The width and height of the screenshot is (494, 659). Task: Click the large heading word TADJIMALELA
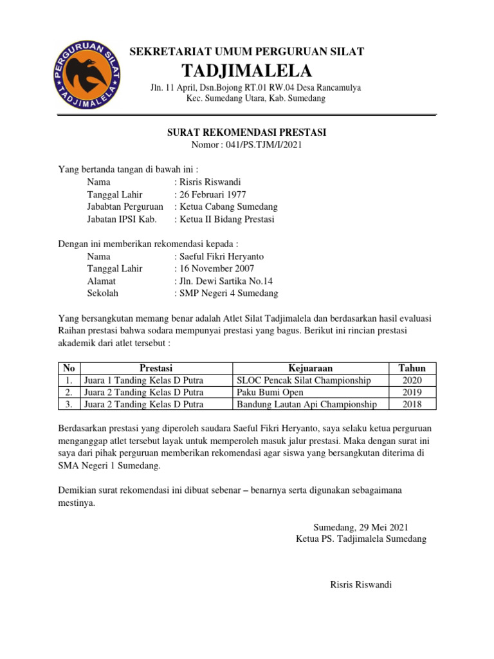(x=247, y=70)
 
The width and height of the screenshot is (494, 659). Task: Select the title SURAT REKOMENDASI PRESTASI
(x=247, y=133)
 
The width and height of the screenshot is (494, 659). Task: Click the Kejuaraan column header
(x=310, y=368)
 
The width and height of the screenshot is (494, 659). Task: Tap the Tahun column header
(x=412, y=368)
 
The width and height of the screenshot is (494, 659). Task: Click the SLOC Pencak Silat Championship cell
(x=304, y=380)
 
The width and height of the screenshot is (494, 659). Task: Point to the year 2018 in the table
(x=412, y=404)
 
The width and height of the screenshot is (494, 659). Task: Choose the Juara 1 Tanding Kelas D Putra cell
(x=143, y=380)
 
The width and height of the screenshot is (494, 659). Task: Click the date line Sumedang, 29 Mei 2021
(x=360, y=526)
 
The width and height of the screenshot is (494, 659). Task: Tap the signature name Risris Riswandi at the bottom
(x=360, y=584)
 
